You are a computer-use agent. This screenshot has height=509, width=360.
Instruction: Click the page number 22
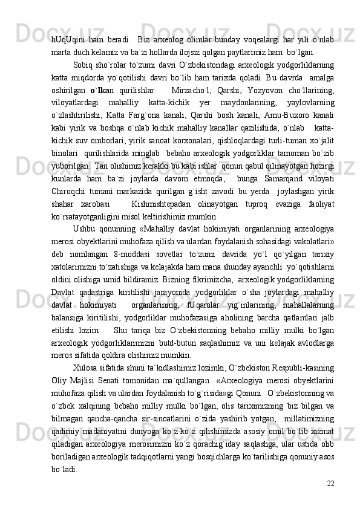tap(329, 467)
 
